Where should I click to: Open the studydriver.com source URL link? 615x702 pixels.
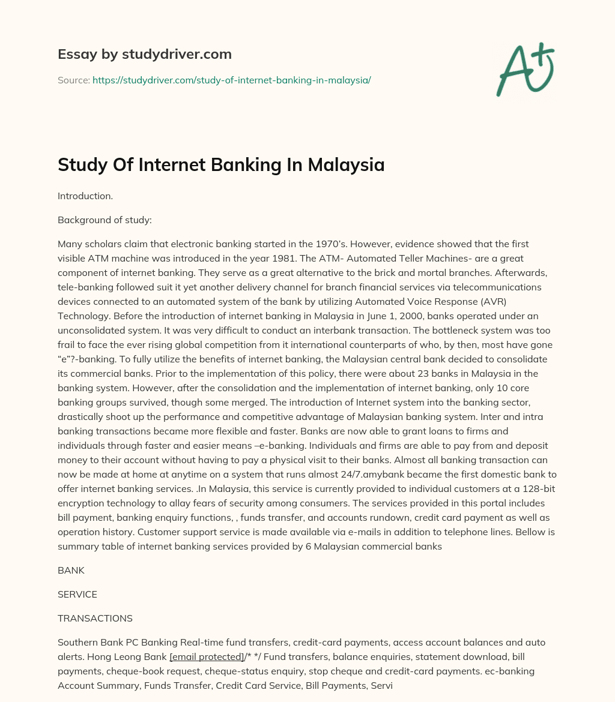point(231,80)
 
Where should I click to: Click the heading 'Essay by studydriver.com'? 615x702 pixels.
point(144,54)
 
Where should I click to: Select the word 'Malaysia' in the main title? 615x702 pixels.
point(346,164)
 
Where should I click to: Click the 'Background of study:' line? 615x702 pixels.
point(105,220)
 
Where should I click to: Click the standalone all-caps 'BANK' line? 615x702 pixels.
point(71,570)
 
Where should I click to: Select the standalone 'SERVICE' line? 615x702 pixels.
point(77,594)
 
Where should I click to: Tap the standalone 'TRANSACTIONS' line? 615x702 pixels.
point(95,618)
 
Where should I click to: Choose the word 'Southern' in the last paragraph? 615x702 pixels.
point(77,642)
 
